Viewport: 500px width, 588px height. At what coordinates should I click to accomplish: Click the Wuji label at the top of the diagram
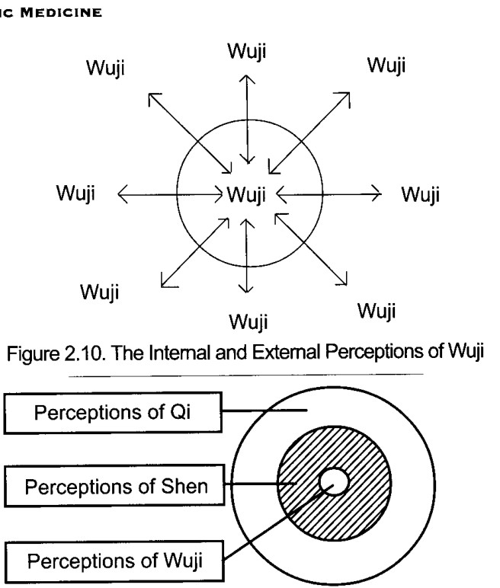point(247,51)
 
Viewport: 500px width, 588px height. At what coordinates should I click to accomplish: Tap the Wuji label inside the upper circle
point(246,195)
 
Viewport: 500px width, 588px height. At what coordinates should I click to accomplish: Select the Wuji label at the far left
point(75,193)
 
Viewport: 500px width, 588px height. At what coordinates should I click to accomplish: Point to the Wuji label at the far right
point(421,195)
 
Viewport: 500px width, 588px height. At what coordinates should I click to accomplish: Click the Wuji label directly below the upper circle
point(248,322)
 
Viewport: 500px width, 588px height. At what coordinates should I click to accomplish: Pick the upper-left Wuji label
point(105,69)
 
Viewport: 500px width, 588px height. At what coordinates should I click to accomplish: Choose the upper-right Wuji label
point(386,66)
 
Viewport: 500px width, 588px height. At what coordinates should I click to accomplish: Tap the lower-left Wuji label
point(100,292)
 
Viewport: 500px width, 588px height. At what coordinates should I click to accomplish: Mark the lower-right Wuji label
point(377,312)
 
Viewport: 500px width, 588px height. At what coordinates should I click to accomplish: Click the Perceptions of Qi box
point(113,413)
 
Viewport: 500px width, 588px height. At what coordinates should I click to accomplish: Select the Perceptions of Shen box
point(114,487)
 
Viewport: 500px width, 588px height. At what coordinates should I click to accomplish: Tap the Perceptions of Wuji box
point(114,561)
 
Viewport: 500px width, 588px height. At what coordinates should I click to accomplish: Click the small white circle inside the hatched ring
point(334,482)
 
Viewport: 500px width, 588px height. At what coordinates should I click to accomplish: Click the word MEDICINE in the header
point(61,13)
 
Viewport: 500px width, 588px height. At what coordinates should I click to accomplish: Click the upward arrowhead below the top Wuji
point(247,79)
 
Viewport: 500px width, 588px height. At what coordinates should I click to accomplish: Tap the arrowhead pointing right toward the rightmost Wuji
point(376,193)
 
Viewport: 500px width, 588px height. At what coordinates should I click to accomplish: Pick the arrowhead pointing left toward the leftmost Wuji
point(123,194)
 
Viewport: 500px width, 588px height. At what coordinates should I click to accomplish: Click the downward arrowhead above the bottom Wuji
point(246,288)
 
